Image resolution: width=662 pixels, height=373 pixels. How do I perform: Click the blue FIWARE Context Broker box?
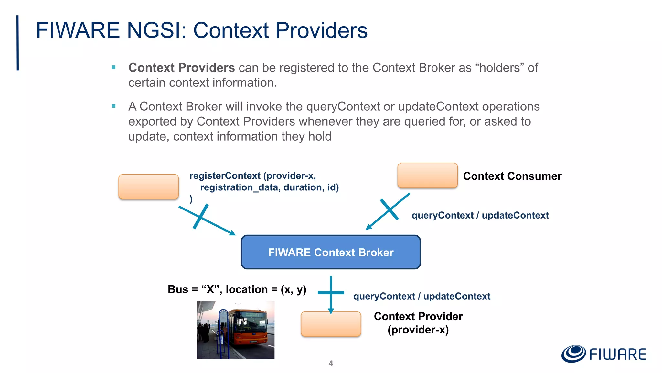tap(331, 252)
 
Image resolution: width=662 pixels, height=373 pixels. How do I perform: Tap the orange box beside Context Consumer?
tap(427, 175)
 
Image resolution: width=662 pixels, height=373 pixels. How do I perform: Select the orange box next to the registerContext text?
tap(148, 187)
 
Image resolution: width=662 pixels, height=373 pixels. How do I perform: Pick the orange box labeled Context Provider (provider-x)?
tap(331, 324)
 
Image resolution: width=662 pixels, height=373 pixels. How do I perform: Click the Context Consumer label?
tap(512, 176)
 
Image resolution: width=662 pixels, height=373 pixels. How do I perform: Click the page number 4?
tap(331, 363)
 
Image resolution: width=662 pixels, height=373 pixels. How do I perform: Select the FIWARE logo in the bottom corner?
tap(603, 354)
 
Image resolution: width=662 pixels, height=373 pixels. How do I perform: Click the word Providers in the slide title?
tap(321, 30)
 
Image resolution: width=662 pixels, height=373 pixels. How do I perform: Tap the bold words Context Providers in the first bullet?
tap(181, 68)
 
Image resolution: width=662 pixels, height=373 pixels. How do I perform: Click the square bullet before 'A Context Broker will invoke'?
tap(113, 106)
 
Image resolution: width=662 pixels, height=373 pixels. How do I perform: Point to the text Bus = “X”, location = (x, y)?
tap(237, 289)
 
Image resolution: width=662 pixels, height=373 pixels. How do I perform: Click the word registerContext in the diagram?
tap(225, 176)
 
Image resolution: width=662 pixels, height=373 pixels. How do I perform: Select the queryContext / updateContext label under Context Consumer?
tap(480, 215)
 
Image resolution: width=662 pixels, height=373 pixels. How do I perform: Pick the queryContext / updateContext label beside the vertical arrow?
tap(422, 296)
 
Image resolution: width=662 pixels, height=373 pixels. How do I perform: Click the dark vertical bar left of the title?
tap(18, 42)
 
